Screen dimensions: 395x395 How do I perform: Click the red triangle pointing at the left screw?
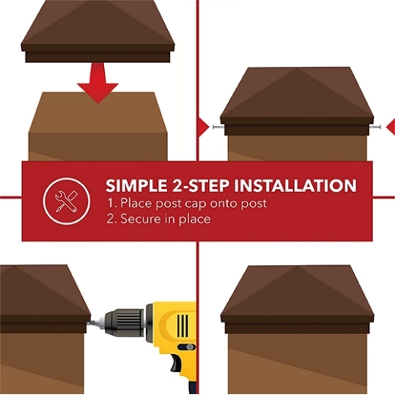203,125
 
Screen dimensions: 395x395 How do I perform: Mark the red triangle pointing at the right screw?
390,126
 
